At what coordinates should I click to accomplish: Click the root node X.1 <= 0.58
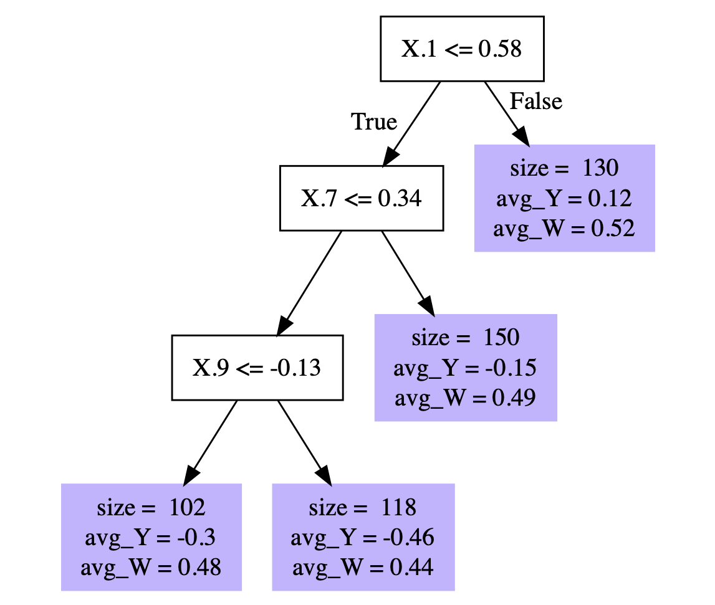pyautogui.click(x=462, y=49)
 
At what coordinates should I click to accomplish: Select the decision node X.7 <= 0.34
pyautogui.click(x=361, y=198)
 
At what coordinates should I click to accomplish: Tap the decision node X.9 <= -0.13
pyautogui.click(x=257, y=368)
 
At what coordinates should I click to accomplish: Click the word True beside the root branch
pyautogui.click(x=374, y=121)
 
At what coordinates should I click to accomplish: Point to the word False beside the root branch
pyautogui.click(x=536, y=101)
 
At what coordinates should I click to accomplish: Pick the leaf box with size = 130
pyautogui.click(x=564, y=198)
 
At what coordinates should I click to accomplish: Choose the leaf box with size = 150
pyautogui.click(x=465, y=368)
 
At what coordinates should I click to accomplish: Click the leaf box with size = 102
pyautogui.click(x=151, y=536)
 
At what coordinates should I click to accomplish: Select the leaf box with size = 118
pyautogui.click(x=363, y=536)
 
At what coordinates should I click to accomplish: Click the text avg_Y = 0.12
pyautogui.click(x=564, y=199)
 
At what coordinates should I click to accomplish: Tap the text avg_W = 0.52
pyautogui.click(x=564, y=229)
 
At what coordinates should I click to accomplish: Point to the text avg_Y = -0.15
pyautogui.click(x=465, y=368)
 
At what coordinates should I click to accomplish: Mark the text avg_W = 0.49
pyautogui.click(x=465, y=398)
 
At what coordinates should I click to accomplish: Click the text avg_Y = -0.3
pyautogui.click(x=151, y=537)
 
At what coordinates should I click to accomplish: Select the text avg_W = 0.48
pyautogui.click(x=151, y=567)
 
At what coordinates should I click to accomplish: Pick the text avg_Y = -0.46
pyautogui.click(x=363, y=537)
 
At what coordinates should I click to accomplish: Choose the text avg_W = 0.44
pyautogui.click(x=363, y=567)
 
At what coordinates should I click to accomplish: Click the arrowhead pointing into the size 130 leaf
pyautogui.click(x=522, y=135)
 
